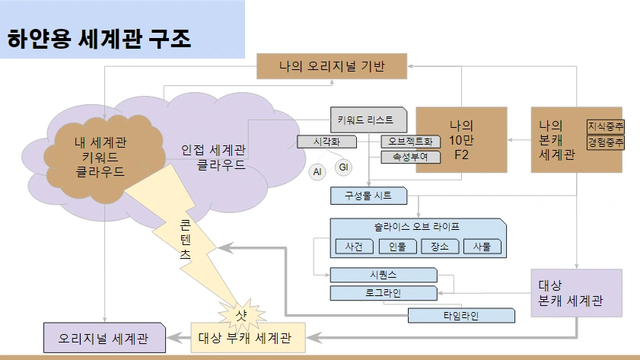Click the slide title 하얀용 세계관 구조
[x=99, y=39]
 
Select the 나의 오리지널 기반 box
[x=332, y=66]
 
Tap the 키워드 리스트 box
[x=368, y=120]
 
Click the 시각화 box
[x=326, y=142]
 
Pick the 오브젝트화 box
[x=411, y=142]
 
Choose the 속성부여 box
[x=411, y=157]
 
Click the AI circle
[x=317, y=172]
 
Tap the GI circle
[x=343, y=167]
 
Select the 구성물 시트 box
[x=368, y=196]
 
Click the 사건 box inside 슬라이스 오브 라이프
[x=355, y=247]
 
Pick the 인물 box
[x=397, y=247]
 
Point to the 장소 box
[x=440, y=247]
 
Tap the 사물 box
[x=482, y=247]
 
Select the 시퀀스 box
[x=384, y=275]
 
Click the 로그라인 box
[x=384, y=293]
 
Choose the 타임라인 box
[x=461, y=316]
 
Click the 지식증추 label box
[x=606, y=126]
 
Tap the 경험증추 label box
[x=606, y=142]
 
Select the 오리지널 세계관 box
[x=104, y=338]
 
